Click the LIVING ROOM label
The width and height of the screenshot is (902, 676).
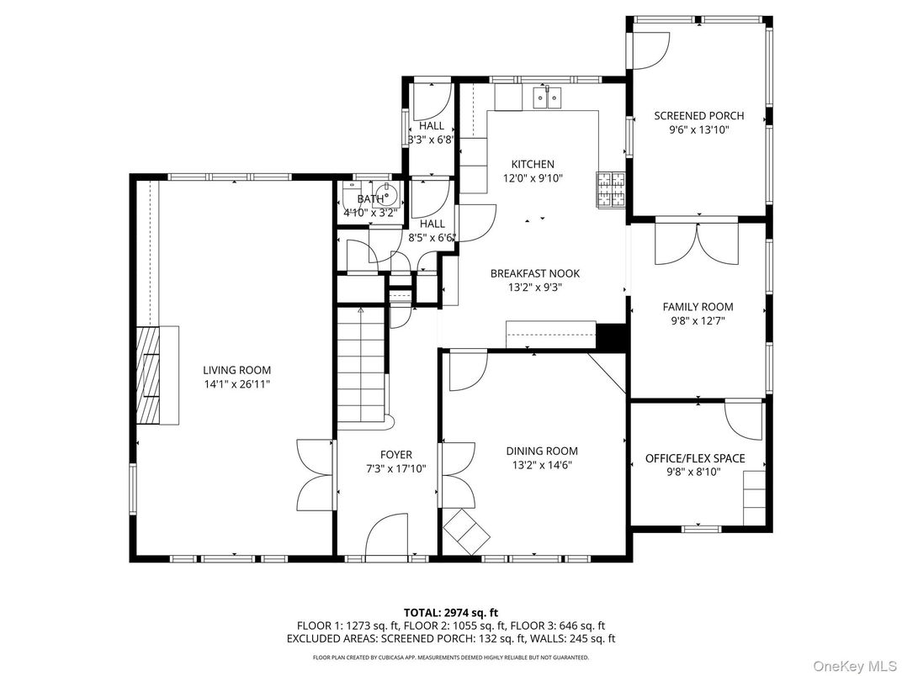[236, 370]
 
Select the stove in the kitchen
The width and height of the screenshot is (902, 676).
[612, 188]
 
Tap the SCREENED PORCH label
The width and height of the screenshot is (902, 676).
[698, 116]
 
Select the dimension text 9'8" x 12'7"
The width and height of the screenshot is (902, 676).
[698, 320]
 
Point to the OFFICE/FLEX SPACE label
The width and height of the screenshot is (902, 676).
[695, 458]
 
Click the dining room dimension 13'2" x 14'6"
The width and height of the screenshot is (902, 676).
[541, 464]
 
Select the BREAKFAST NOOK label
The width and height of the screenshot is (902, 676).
[535, 273]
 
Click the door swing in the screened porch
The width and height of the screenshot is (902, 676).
[646, 51]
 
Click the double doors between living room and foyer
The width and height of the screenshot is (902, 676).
[317, 471]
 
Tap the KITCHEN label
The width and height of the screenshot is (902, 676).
[533, 164]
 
